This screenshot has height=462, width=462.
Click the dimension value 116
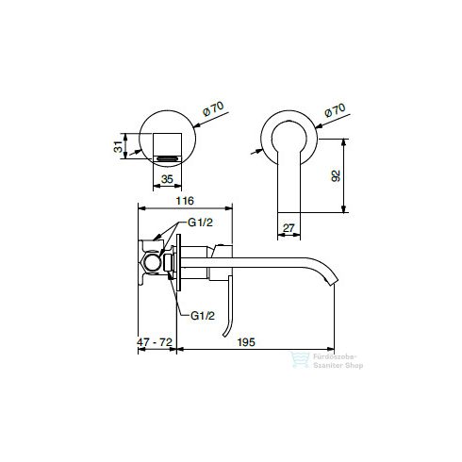[185, 201]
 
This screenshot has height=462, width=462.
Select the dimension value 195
[246, 342]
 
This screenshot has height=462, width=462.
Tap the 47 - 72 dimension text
[155, 342]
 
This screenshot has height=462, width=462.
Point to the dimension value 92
[336, 175]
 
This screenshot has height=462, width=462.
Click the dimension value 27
[289, 228]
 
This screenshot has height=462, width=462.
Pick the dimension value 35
[167, 179]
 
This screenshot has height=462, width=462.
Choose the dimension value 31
[118, 146]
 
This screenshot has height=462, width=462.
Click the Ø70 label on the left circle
[213, 108]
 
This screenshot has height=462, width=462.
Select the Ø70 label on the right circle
[335, 110]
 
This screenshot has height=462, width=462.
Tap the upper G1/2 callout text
[200, 223]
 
